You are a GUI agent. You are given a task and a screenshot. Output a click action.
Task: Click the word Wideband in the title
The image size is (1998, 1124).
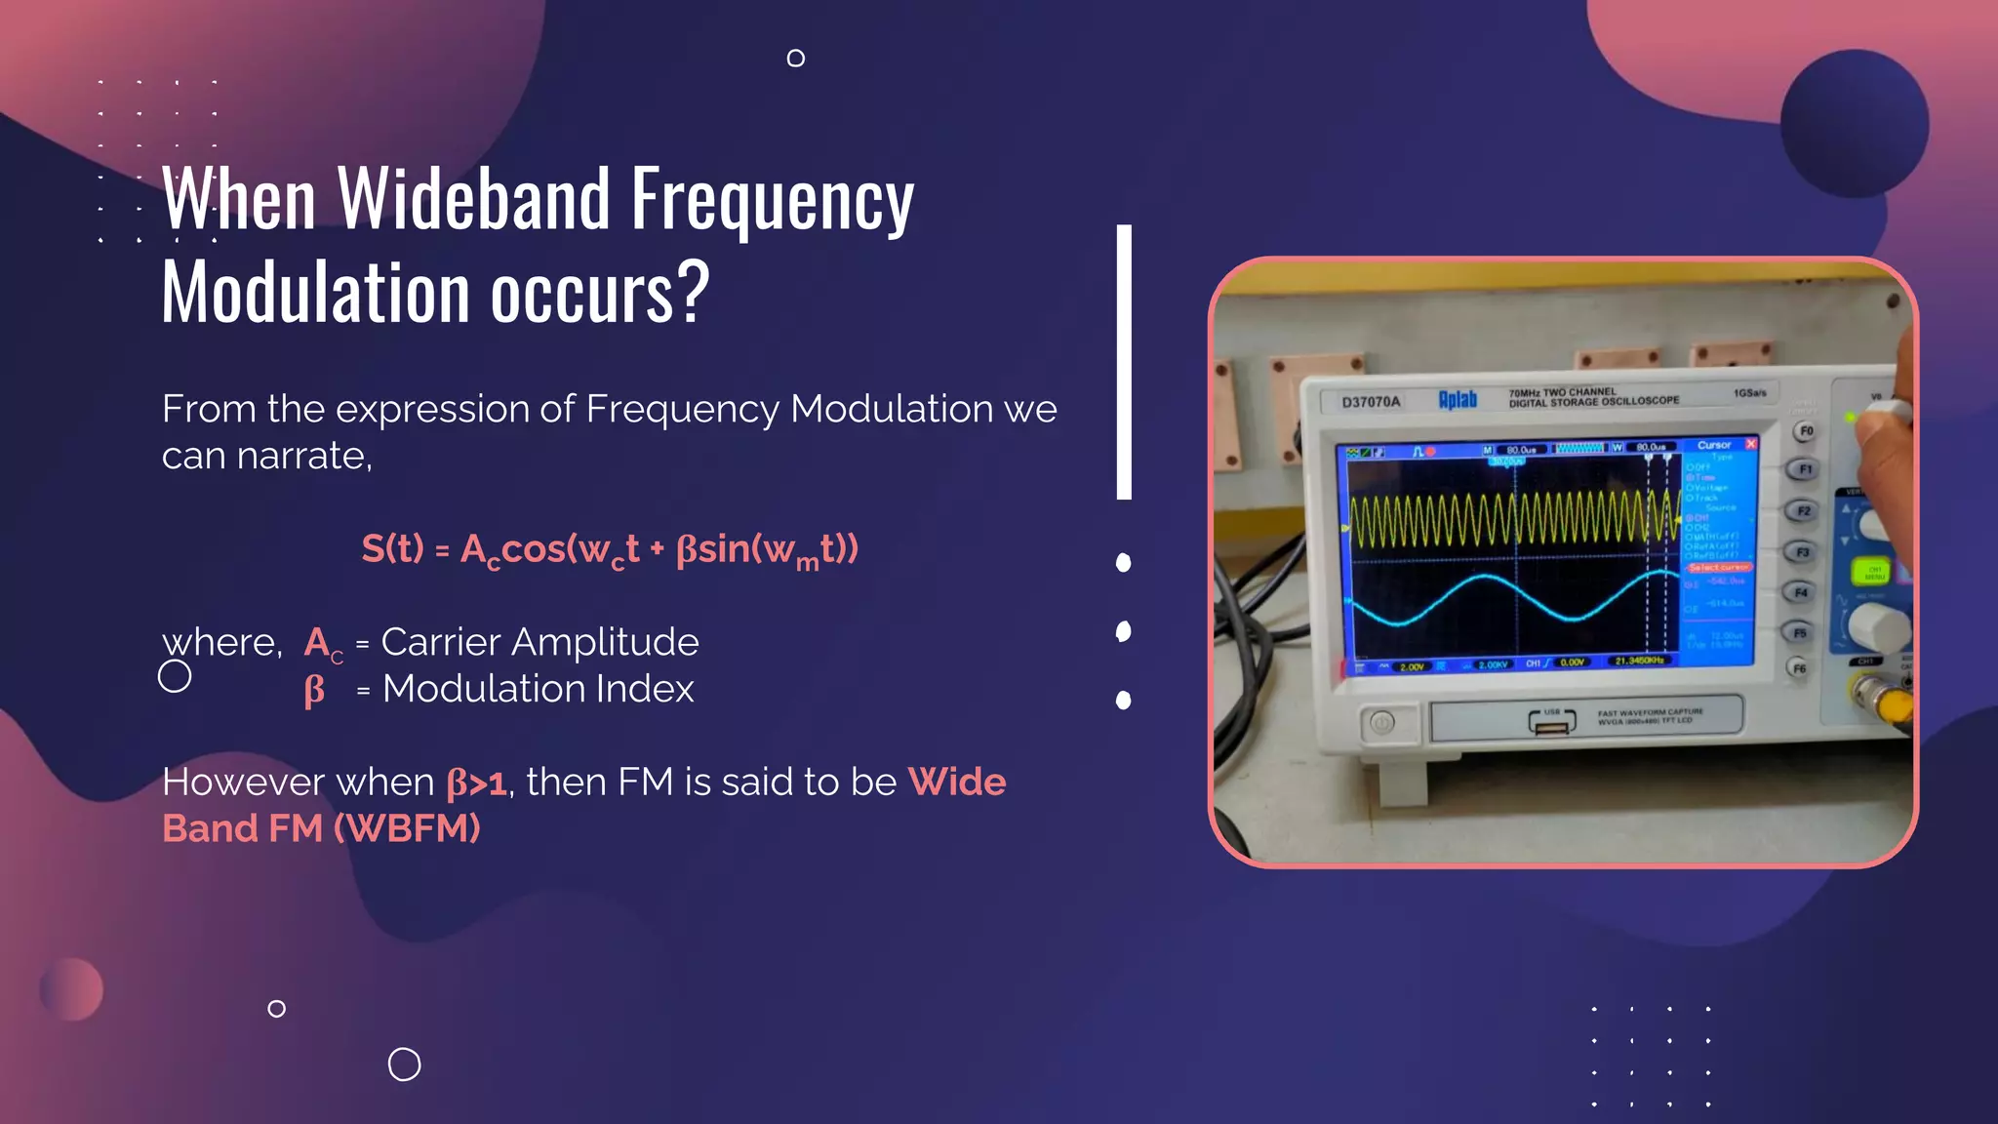click(474, 200)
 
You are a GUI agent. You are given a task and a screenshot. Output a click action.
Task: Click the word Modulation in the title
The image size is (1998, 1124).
click(317, 293)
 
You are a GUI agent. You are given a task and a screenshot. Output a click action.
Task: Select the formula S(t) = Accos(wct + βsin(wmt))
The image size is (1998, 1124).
click(610, 549)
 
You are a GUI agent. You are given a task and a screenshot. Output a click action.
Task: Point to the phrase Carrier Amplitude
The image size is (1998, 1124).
click(539, 642)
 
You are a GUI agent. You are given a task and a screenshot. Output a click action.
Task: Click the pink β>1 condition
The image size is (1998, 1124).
click(476, 783)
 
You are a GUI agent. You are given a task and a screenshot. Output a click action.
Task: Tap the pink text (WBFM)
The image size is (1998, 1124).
click(407, 829)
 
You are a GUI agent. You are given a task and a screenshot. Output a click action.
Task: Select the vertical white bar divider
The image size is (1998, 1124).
click(1124, 362)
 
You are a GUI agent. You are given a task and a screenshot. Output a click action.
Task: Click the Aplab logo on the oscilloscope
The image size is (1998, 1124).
click(1458, 399)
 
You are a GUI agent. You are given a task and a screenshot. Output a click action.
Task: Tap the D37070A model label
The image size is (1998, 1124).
click(1371, 402)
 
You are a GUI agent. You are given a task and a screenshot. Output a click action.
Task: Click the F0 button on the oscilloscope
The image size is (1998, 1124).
click(1806, 430)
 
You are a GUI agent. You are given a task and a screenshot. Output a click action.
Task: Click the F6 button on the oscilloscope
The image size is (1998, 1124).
click(1799, 668)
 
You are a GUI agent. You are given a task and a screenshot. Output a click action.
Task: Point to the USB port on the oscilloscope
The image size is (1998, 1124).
click(1552, 722)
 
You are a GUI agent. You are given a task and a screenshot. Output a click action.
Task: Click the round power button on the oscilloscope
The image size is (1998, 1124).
click(1381, 723)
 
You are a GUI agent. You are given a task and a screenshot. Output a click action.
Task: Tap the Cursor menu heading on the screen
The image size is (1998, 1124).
click(1714, 445)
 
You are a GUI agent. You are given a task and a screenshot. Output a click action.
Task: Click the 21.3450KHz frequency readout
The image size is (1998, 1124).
click(1639, 661)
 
